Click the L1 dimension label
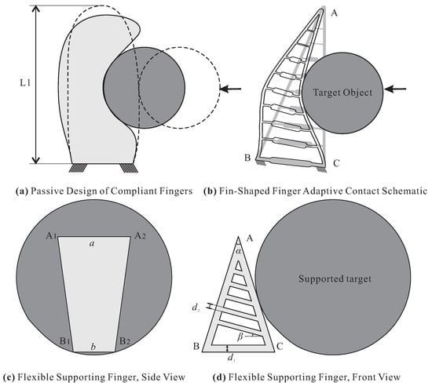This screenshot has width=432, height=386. point(25,83)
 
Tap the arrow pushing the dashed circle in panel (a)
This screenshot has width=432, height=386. point(231,89)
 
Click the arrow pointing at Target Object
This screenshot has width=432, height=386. point(395,89)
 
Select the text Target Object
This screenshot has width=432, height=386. point(342,93)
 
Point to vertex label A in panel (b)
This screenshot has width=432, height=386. point(334,13)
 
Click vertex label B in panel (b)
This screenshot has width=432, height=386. point(247,158)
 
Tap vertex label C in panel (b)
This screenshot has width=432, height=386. point(336,163)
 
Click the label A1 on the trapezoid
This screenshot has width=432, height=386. point(51,235)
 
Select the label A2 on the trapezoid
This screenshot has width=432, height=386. point(141,236)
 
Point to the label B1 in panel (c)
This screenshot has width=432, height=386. point(64,341)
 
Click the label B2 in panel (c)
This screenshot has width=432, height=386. point(125,341)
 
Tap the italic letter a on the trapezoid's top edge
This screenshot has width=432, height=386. point(93,243)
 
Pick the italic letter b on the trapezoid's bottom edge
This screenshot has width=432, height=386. point(93,347)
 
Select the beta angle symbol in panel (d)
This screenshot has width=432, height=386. point(240,337)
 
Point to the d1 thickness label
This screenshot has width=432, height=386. point(231,358)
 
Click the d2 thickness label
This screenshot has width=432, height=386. point(196,308)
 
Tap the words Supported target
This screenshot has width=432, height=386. point(335,279)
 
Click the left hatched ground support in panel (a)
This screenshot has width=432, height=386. point(78,168)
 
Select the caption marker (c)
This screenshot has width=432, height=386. point(9,377)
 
